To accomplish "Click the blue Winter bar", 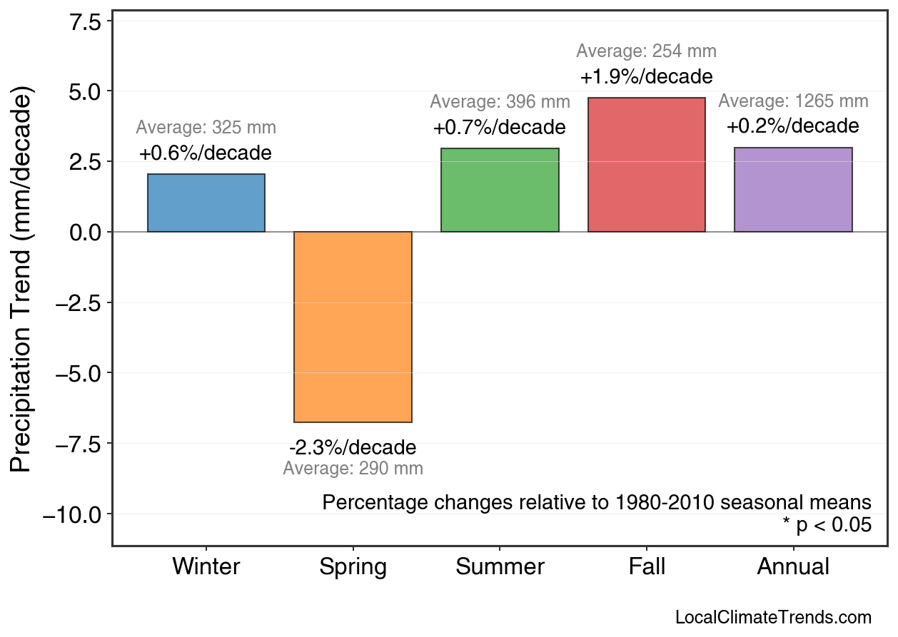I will (x=206, y=203).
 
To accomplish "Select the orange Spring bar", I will (x=353, y=327).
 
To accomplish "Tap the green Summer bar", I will (x=500, y=190).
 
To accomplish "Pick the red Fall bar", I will (x=646, y=165).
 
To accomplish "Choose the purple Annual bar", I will (x=793, y=190).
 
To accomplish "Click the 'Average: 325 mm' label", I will (x=206, y=128).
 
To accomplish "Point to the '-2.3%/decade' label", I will (x=353, y=448).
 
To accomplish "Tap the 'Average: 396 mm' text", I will (x=500, y=102).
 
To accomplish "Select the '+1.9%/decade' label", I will (x=646, y=76).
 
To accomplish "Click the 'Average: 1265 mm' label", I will (x=793, y=101).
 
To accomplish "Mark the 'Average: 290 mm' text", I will (x=353, y=469).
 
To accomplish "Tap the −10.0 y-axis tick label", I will (x=74, y=515).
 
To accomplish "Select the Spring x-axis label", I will (x=353, y=568).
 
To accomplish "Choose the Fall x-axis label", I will (x=647, y=568).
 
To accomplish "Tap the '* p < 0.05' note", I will (x=827, y=526).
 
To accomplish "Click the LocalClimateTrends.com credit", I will (x=773, y=618).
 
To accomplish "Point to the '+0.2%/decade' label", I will (x=793, y=127).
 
